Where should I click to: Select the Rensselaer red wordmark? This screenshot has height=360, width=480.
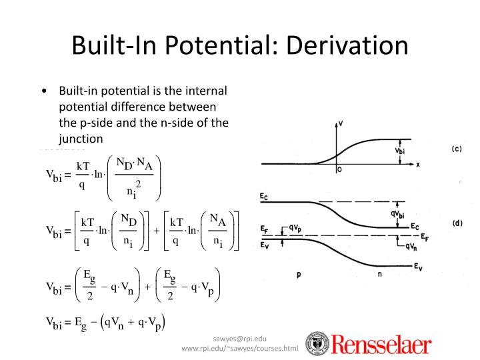381,345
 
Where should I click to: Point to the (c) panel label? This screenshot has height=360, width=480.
457,149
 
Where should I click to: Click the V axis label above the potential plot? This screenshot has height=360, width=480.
341,124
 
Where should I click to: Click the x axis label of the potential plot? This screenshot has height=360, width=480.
417,164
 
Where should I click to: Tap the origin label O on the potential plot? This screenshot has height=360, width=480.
339,171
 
